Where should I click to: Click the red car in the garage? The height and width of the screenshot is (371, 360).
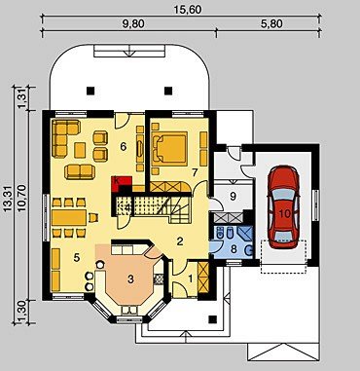click(283, 207)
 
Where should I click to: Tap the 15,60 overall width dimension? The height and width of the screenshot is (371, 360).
click(188, 9)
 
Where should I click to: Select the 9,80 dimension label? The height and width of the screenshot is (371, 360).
click(130, 23)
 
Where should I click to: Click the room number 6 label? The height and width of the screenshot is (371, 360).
click(123, 147)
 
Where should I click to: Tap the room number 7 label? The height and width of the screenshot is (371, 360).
click(195, 172)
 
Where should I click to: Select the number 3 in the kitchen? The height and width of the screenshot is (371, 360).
click(130, 279)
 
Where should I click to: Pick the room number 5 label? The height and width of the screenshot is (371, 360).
click(77, 257)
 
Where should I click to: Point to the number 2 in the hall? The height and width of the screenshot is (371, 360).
click(179, 241)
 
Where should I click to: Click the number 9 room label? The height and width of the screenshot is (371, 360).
click(234, 196)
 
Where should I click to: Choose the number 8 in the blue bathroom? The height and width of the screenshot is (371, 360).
click(234, 250)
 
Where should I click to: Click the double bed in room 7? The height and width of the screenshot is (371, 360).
click(169, 147)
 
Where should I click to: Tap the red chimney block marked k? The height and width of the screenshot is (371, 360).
click(122, 184)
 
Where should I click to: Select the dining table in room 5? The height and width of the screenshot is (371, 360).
click(69, 217)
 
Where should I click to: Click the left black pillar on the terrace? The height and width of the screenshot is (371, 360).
click(90, 91)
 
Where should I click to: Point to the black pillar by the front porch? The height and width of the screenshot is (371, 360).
click(212, 319)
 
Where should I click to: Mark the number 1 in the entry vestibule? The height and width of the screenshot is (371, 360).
click(191, 278)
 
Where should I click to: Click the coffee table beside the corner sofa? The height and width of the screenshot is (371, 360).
click(80, 150)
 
